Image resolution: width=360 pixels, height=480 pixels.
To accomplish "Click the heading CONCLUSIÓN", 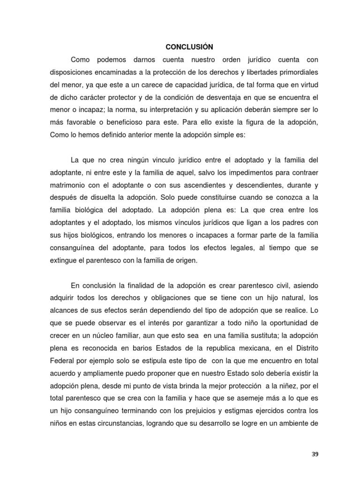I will pos(189,47).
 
